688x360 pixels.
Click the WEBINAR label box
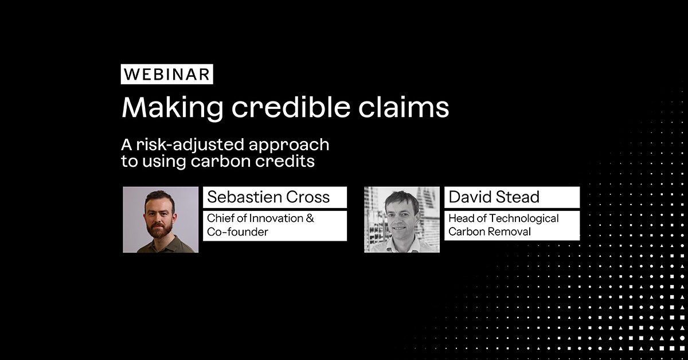[x=167, y=75]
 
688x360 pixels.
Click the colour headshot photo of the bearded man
[x=161, y=220]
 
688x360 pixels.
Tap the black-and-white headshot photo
[x=402, y=220]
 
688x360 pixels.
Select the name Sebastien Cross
[x=268, y=197]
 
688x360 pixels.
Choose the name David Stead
[x=494, y=197]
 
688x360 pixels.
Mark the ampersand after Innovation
[x=310, y=218]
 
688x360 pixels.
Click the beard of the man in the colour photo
[x=161, y=230]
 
